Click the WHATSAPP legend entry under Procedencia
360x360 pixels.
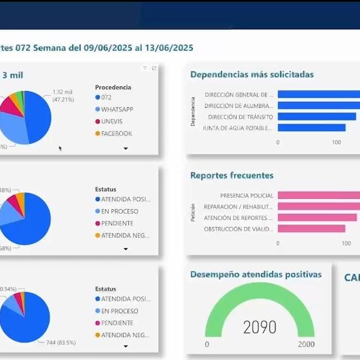tap(117, 110)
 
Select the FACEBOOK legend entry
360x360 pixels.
tap(116, 134)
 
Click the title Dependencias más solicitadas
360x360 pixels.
tap(252, 75)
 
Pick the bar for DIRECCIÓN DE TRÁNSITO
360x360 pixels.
tap(318, 117)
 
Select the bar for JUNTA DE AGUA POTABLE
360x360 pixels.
tap(311, 128)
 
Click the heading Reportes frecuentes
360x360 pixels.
tap(232, 176)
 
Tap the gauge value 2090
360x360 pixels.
tap(260, 327)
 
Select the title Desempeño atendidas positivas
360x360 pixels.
tap(256, 274)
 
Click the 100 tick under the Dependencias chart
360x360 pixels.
tap(337, 142)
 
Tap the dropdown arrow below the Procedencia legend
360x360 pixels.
tap(126, 149)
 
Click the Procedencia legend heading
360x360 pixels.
tap(113, 87)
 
